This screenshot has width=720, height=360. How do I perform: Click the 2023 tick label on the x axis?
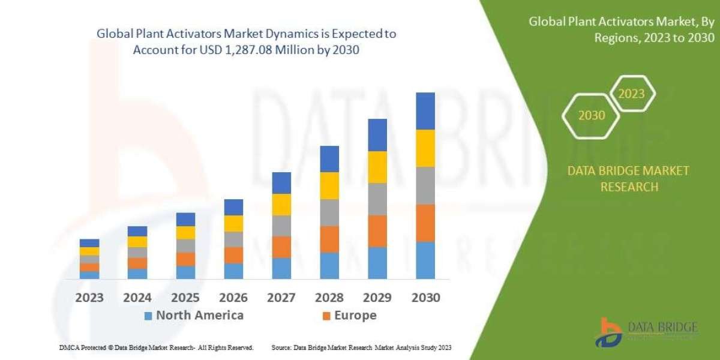pyautogui.click(x=89, y=297)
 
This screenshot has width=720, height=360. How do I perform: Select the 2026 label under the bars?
pyautogui.click(x=233, y=297)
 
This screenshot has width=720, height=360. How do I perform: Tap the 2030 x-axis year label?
pyautogui.click(x=425, y=297)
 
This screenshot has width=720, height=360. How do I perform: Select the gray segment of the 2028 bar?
pyautogui.click(x=329, y=212)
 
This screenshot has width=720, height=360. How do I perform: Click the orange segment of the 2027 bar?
pyautogui.click(x=281, y=247)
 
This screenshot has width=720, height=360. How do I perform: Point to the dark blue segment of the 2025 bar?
pyautogui.click(x=185, y=219)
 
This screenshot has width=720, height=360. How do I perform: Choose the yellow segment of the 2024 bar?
pyautogui.click(x=137, y=242)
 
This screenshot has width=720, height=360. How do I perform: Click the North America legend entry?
pyautogui.click(x=194, y=316)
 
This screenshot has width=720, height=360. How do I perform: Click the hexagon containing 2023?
pyautogui.click(x=631, y=94)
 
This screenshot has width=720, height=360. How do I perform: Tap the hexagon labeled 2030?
pyautogui.click(x=592, y=115)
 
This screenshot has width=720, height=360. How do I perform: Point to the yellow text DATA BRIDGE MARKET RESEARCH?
pyautogui.click(x=628, y=179)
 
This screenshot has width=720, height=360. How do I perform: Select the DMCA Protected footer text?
pyautogui.click(x=155, y=347)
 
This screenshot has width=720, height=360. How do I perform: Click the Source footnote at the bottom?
pyautogui.click(x=361, y=347)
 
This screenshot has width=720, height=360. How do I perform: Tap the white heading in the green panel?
pyautogui.click(x=622, y=30)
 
